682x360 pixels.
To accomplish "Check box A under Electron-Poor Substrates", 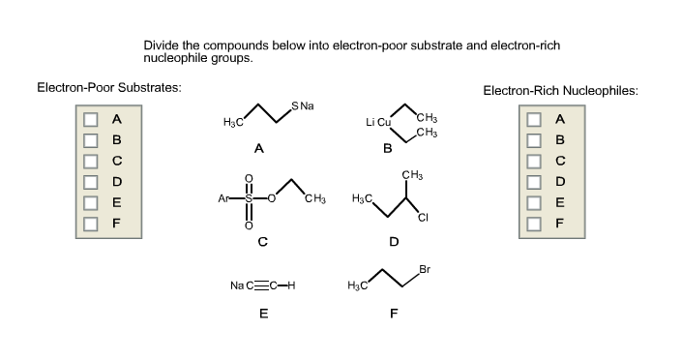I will coord(90,120).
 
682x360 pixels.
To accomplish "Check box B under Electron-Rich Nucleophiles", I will coord(533,140).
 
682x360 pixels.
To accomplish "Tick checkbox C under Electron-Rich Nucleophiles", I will coord(533,162).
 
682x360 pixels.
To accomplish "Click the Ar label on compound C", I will coord(225,200).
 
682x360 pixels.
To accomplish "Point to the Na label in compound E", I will coord(237,285).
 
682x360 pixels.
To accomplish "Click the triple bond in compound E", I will coord(264,285).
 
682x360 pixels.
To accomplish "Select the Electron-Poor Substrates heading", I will coord(108,88).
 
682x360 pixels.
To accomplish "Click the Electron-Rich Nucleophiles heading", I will coord(560,91).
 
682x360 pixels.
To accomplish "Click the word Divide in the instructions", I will coord(161,45).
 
